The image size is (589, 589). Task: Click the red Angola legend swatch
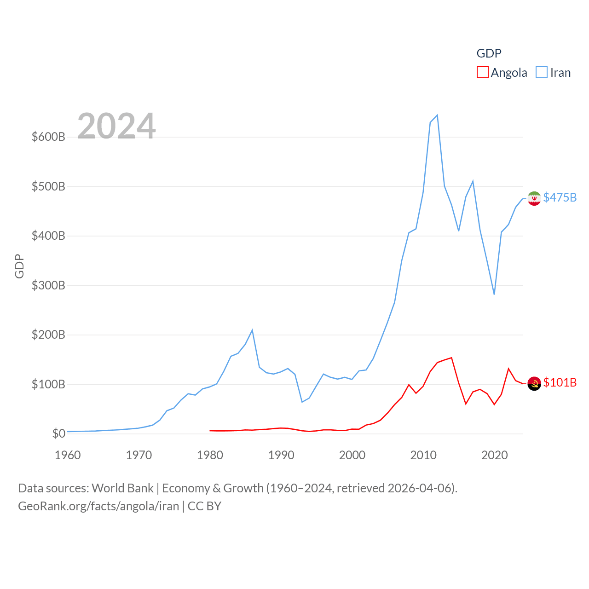click(482, 73)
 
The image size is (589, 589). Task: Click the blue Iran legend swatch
click(542, 73)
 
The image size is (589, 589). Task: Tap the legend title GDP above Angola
click(489, 53)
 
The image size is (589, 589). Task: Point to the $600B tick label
click(48, 137)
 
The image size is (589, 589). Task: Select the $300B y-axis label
click(48, 285)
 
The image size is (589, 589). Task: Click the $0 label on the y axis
click(58, 433)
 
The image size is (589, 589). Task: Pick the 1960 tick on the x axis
click(68, 455)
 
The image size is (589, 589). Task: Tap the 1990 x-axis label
click(281, 455)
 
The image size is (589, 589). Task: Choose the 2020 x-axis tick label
click(495, 455)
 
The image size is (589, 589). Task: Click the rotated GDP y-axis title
click(19, 266)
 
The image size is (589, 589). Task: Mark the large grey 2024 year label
click(116, 126)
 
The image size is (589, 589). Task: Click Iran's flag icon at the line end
click(534, 198)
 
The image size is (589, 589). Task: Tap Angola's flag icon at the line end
click(534, 383)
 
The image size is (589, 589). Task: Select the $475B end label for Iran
click(560, 197)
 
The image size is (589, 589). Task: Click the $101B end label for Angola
click(560, 382)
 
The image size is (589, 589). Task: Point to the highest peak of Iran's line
click(437, 115)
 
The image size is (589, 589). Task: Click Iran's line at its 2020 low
click(494, 294)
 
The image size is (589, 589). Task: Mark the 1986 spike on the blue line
click(252, 330)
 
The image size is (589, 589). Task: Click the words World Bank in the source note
click(122, 488)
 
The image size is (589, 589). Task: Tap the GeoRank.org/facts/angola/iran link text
click(98, 506)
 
